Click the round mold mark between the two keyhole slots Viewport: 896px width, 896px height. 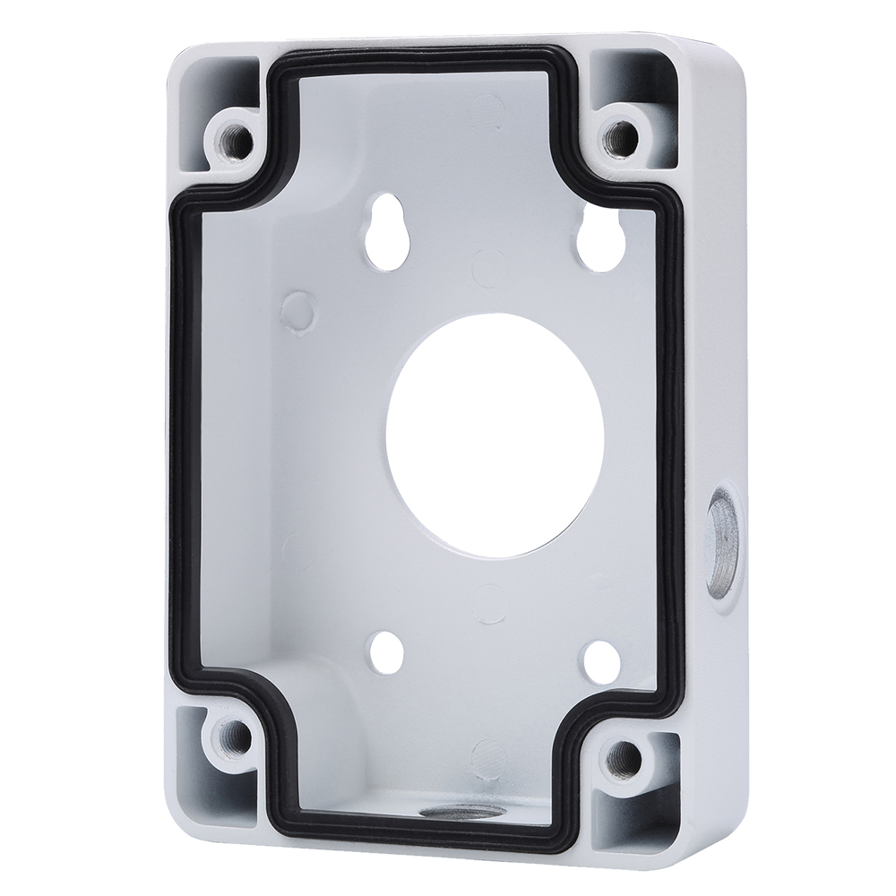click(x=485, y=263)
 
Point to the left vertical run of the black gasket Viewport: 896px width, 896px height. click(x=179, y=448)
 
